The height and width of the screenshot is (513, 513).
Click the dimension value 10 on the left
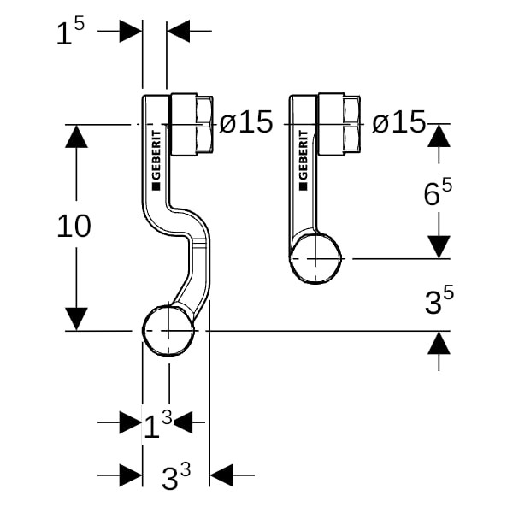[74, 227]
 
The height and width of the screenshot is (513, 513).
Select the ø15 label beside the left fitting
[245, 123]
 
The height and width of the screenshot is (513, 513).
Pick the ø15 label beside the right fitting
[398, 123]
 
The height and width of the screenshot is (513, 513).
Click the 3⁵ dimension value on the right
[439, 302]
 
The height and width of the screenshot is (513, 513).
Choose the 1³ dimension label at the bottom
[157, 423]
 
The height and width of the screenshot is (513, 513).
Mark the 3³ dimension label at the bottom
[175, 477]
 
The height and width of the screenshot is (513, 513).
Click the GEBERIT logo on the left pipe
[156, 158]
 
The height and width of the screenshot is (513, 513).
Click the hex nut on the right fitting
[340, 124]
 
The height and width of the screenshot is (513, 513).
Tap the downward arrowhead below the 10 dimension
[77, 318]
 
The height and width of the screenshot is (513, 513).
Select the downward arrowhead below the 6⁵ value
[439, 246]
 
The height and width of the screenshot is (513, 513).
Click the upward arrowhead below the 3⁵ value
[439, 344]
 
